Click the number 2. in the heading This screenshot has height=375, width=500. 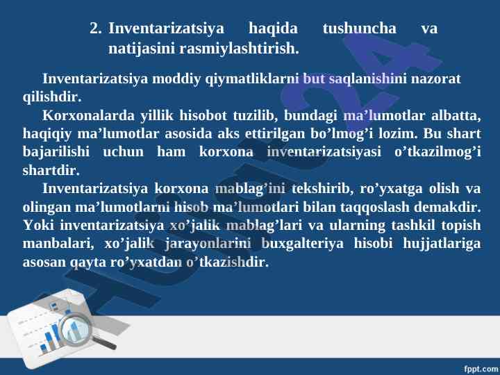(96, 28)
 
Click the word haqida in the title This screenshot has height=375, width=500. (273, 28)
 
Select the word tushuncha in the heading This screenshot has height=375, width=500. (360, 28)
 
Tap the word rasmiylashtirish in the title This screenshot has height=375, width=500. (239, 49)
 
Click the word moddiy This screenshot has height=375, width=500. (176, 79)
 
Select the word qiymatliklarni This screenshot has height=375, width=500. (252, 79)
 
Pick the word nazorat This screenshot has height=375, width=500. (435, 79)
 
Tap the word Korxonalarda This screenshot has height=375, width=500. (88, 115)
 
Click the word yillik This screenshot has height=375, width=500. (157, 116)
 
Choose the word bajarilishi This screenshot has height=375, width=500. (56, 152)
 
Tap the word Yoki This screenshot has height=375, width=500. (38, 225)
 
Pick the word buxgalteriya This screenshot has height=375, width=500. (302, 244)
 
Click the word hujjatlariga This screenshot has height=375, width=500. (442, 244)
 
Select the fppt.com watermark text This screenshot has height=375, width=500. (481, 369)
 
